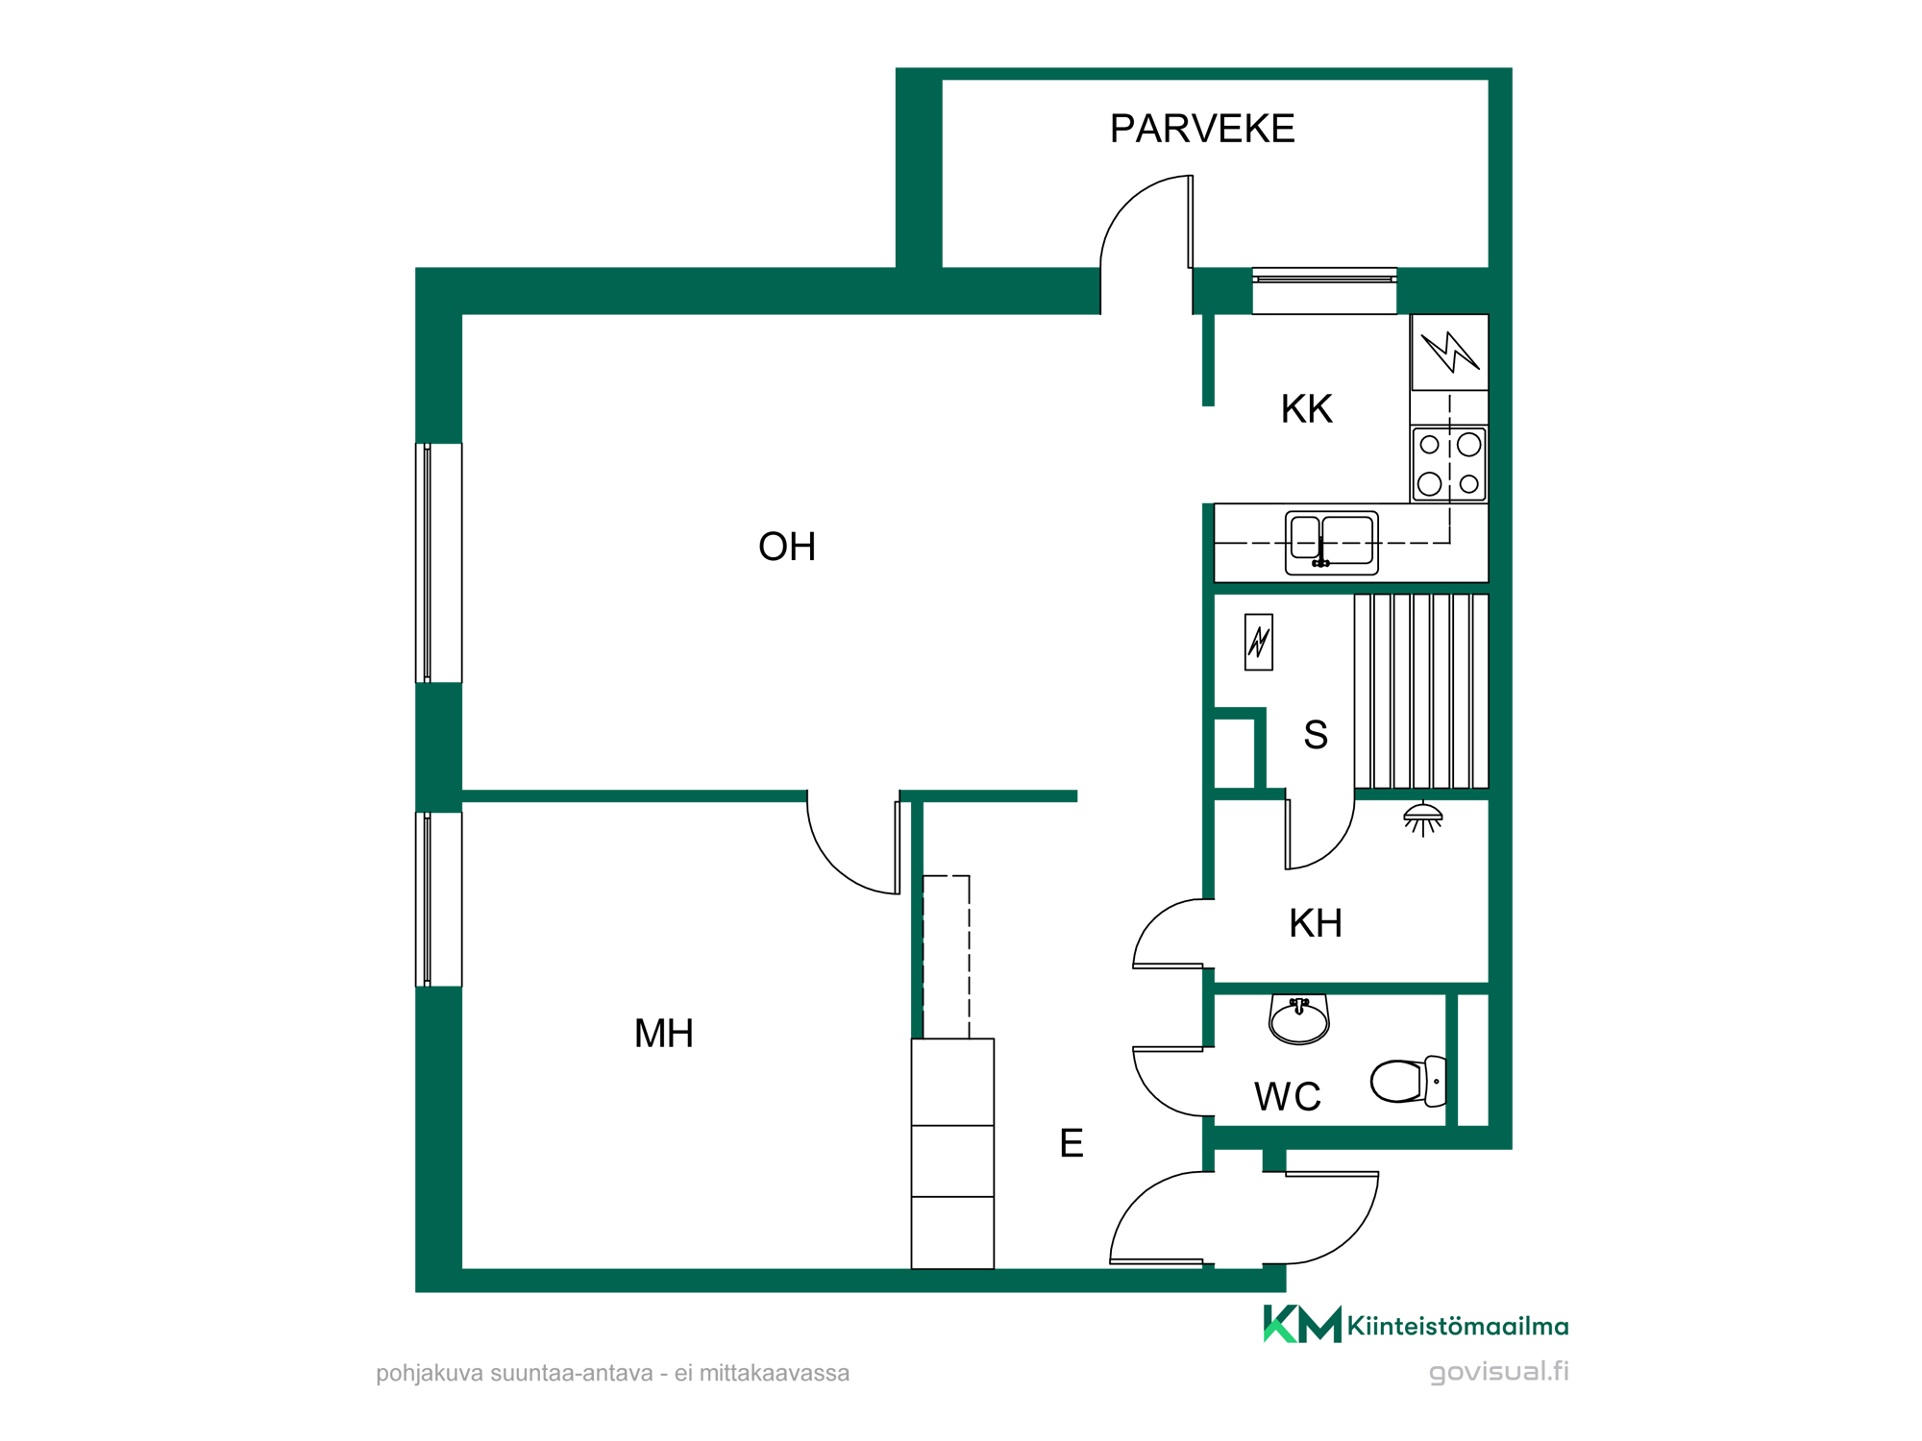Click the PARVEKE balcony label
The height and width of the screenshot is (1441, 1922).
1202,129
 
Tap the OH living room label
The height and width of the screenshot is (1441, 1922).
787,547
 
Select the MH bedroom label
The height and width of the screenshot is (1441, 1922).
664,1034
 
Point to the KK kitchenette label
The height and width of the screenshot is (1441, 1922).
1307,409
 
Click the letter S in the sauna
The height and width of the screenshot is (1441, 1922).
1316,735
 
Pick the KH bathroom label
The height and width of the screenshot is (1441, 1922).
1316,923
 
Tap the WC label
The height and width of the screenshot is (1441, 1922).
1288,1096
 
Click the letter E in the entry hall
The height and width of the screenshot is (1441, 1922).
1072,1143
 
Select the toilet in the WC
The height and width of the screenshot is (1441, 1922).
1409,1081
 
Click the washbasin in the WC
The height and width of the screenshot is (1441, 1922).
1299,1019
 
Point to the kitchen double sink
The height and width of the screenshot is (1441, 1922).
1332,543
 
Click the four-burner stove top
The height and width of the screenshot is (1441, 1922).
1449,464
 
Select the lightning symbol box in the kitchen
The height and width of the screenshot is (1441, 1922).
1449,353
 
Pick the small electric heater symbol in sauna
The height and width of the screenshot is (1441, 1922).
1259,642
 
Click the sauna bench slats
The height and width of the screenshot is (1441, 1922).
1421,692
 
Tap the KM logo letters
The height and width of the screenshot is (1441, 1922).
1302,1324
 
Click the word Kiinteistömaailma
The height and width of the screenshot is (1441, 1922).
1458,1327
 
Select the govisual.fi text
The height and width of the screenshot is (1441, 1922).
1499,1372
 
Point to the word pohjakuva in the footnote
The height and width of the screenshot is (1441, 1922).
430,1374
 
